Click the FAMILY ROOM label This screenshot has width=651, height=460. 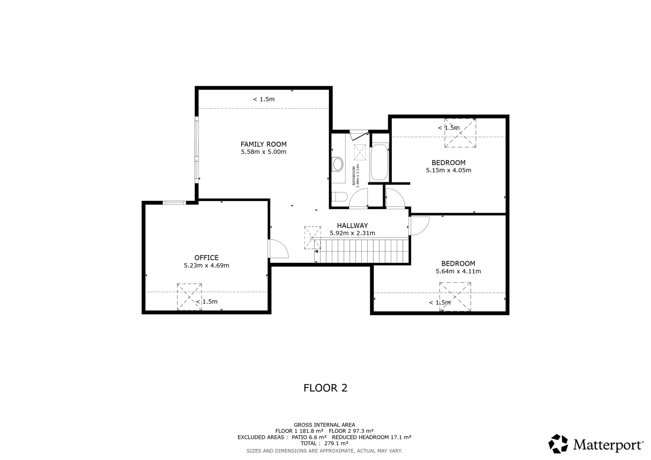(x=263, y=144)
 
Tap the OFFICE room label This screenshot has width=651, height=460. (x=206, y=258)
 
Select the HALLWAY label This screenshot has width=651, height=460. (x=352, y=225)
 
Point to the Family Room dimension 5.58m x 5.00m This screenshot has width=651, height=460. (x=263, y=152)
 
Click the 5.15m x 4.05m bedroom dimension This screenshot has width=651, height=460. (x=448, y=170)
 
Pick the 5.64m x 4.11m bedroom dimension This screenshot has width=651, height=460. (x=458, y=271)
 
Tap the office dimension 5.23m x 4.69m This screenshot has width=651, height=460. (x=206, y=265)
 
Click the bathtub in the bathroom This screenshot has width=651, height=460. (x=379, y=162)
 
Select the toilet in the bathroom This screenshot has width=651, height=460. (x=339, y=197)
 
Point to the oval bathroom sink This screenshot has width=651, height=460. (x=337, y=164)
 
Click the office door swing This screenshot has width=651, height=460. (x=279, y=249)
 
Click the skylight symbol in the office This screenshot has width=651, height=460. (x=189, y=296)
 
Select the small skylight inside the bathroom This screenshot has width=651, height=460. (x=360, y=152)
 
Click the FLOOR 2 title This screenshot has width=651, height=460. (x=325, y=388)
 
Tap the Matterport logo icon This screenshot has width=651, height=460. (x=558, y=444)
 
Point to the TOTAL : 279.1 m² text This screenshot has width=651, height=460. (x=324, y=443)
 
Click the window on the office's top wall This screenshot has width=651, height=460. (x=174, y=203)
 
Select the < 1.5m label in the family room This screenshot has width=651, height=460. (x=264, y=99)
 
